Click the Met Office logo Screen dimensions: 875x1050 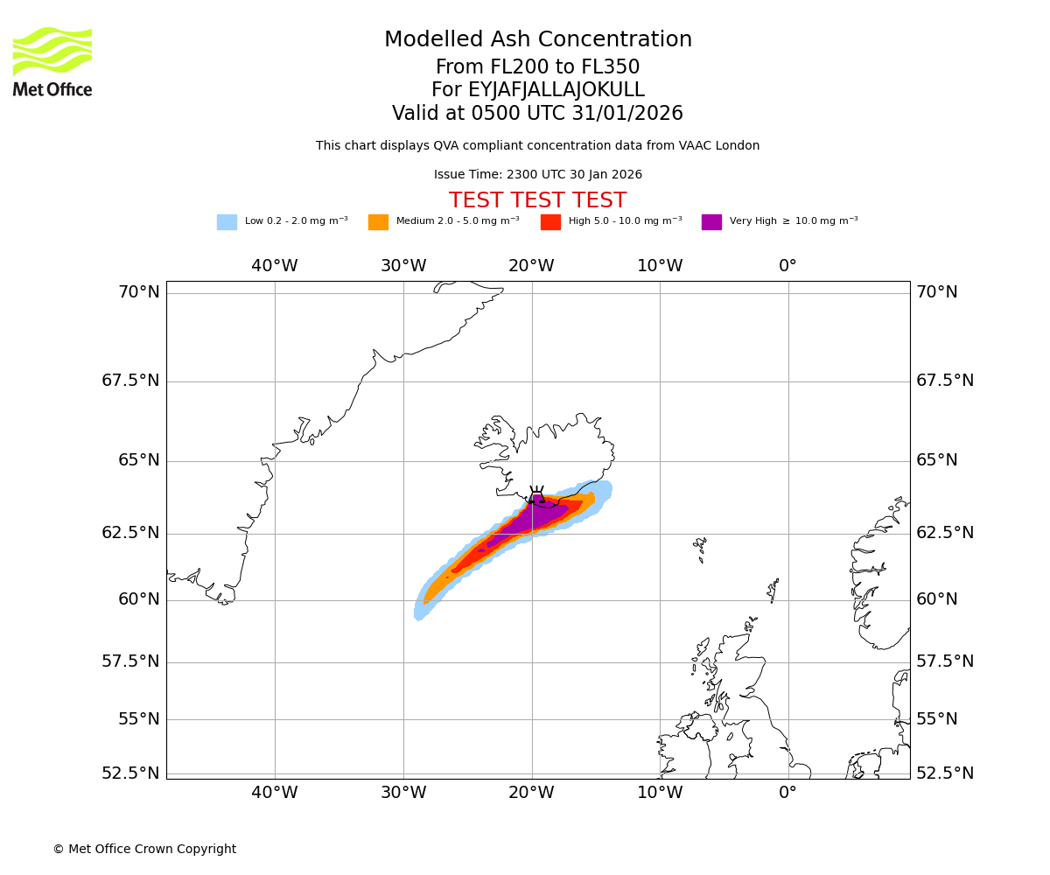tap(52, 61)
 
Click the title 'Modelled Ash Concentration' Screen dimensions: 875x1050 tap(538, 40)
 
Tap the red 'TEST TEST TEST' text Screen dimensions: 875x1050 tap(537, 201)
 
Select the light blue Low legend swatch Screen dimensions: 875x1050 tap(227, 222)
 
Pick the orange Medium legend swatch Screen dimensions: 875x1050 tap(378, 222)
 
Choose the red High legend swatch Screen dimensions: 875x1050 tap(550, 222)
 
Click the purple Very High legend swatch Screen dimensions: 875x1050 tap(711, 222)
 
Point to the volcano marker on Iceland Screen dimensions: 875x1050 tap(536, 495)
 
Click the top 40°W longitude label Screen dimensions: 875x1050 tap(275, 266)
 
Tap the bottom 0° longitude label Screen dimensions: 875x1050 tap(788, 794)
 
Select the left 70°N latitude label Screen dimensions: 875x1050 tap(139, 292)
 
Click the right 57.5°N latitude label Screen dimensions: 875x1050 tap(945, 661)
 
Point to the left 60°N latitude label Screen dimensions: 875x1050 tap(139, 599)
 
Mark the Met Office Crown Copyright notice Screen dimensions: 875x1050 tap(144, 850)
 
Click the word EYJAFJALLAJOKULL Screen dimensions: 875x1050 tap(557, 90)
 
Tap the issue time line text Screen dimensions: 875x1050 tap(537, 175)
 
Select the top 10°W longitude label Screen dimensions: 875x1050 tap(660, 266)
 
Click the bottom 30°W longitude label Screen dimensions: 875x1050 tap(403, 794)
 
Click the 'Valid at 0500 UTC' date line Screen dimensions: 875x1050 tap(537, 114)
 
